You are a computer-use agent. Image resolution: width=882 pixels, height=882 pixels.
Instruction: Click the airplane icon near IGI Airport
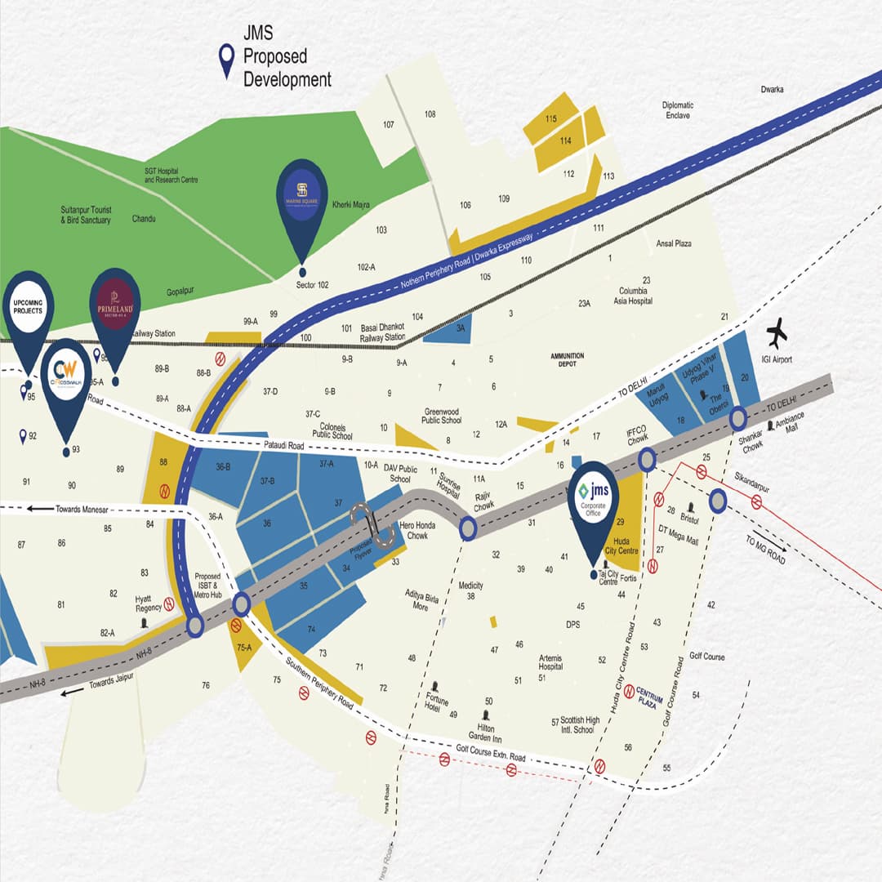pos(777,332)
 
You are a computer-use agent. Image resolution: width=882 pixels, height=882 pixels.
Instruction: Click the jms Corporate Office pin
pos(593,506)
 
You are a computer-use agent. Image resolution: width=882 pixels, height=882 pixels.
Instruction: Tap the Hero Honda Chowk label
pos(417,530)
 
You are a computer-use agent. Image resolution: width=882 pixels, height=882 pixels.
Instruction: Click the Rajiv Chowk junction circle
pos(468,529)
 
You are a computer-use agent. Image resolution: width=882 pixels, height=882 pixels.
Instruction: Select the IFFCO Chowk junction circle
pos(647,460)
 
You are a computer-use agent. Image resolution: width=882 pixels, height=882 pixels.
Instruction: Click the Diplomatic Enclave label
pos(678,110)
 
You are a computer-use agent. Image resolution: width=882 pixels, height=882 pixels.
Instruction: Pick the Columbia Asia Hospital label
pos(635,296)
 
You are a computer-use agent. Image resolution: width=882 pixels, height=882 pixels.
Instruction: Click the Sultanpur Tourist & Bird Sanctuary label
pos(86,215)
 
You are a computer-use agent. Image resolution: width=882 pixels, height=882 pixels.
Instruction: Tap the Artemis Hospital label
pos(550,661)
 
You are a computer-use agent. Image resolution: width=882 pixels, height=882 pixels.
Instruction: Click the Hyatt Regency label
pos(149,603)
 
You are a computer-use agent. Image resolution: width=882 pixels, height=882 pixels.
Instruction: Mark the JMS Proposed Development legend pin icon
pos(225,62)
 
